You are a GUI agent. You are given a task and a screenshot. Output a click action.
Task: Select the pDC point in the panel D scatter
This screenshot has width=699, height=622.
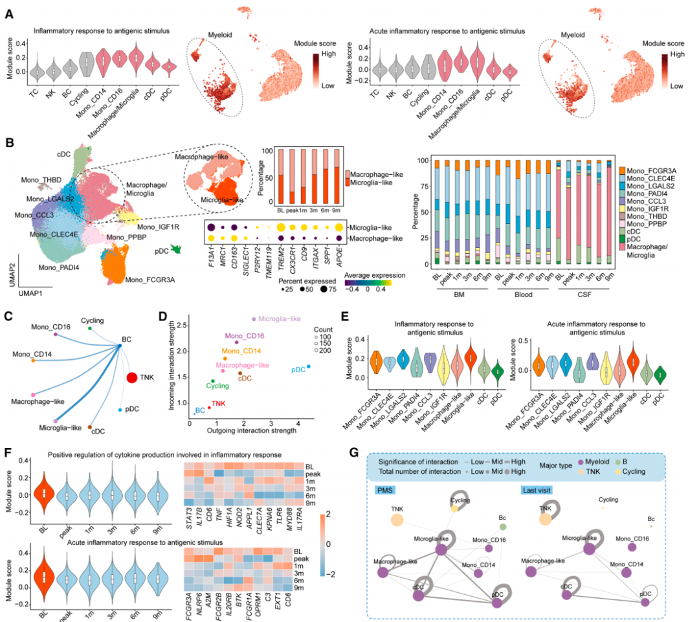pyautogui.click(x=309, y=366)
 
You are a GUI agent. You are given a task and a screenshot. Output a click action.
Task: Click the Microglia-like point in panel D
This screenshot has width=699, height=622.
pyautogui.click(x=253, y=319)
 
